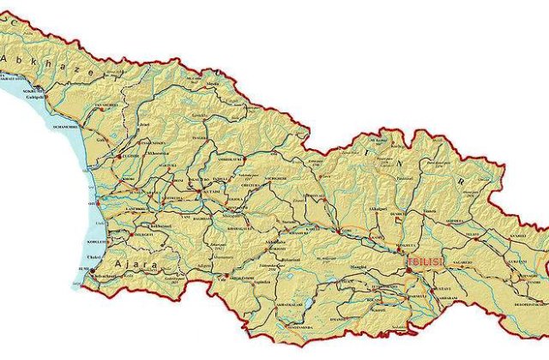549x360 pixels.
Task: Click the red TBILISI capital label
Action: (x=422, y=261)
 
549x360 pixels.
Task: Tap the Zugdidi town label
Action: (x=128, y=158)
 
